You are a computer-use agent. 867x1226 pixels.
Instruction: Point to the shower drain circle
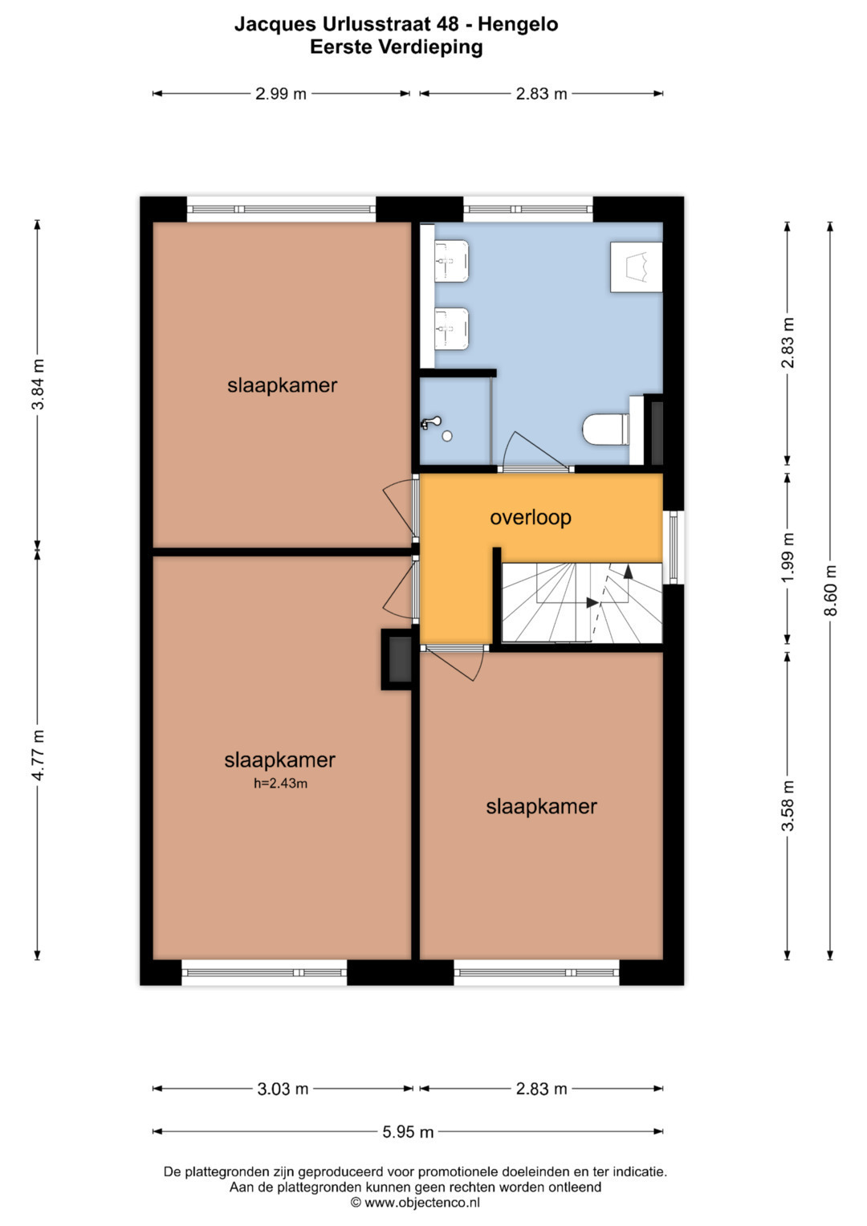click(x=447, y=436)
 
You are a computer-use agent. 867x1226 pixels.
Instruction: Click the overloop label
click(x=531, y=517)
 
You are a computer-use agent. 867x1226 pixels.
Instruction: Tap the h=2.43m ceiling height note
click(x=280, y=784)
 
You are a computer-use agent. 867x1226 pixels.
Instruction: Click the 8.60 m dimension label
click(x=830, y=591)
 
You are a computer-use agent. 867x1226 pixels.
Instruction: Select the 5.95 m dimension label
click(x=408, y=1131)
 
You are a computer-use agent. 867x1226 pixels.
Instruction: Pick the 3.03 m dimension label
click(x=283, y=1089)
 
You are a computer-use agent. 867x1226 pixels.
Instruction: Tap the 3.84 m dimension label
click(x=37, y=385)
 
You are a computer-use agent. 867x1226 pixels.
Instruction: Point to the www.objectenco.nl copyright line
click(x=416, y=1203)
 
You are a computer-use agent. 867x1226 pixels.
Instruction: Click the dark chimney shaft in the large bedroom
click(x=400, y=659)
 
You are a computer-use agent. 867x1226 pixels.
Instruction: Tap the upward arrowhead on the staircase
click(x=628, y=572)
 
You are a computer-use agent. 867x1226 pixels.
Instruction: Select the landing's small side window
click(x=674, y=547)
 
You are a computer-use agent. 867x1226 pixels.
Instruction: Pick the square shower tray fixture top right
click(x=636, y=267)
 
